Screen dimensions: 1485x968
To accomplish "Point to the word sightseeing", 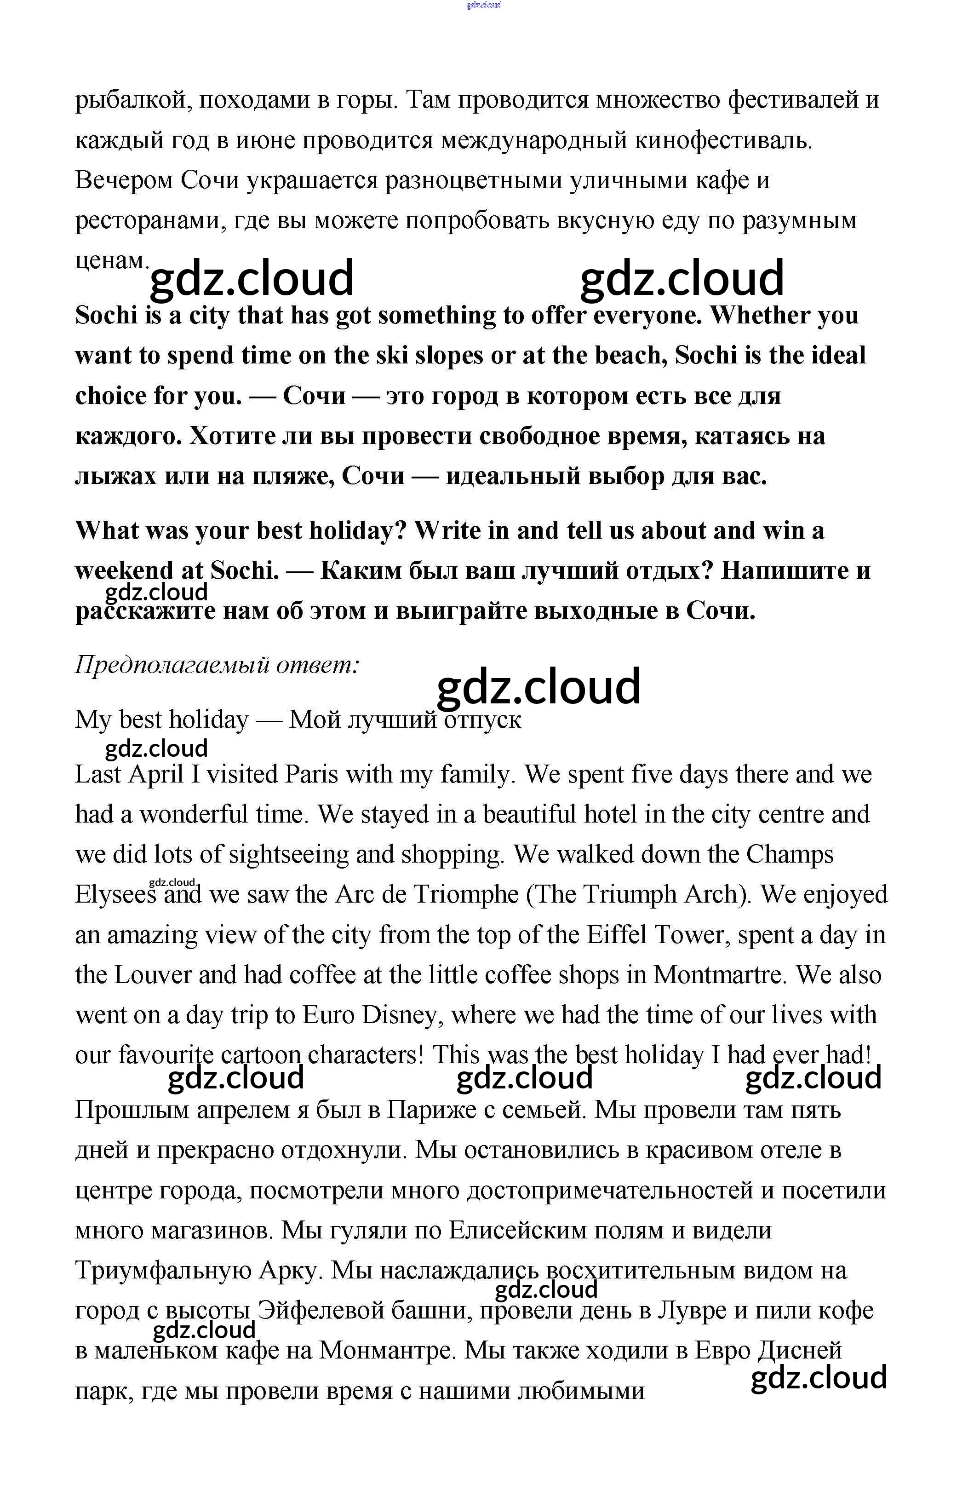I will coord(289,855).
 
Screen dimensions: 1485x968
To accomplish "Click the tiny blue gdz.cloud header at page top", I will coord(483,6).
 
